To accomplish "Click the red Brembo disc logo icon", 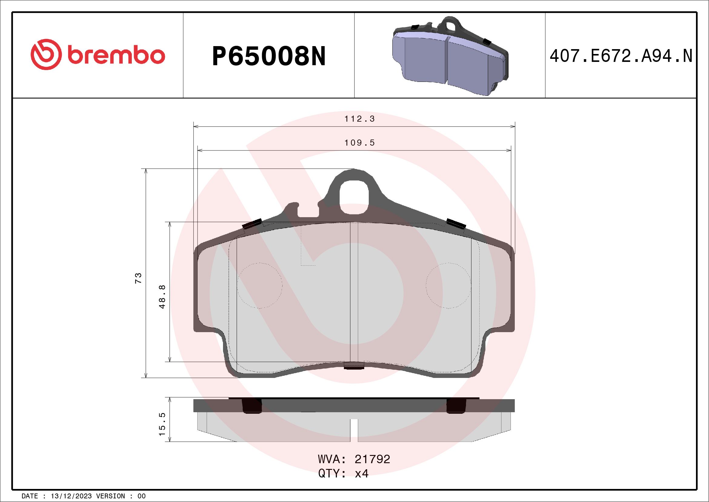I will tap(45, 54).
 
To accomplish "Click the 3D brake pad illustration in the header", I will tap(450, 56).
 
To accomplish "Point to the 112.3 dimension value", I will tap(359, 119).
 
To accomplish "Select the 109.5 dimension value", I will tap(359, 143).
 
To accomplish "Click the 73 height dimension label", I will tap(138, 278).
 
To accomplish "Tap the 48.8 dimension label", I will tap(162, 296).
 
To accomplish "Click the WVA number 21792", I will tap(372, 459).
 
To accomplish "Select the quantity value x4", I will tap(361, 473).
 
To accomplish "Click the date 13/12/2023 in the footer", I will tap(71, 496).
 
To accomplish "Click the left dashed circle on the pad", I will tap(259, 286).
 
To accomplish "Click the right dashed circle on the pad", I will tap(448, 286).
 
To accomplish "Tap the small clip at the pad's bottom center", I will tap(354, 366).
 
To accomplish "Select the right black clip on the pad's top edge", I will tap(456, 223).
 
